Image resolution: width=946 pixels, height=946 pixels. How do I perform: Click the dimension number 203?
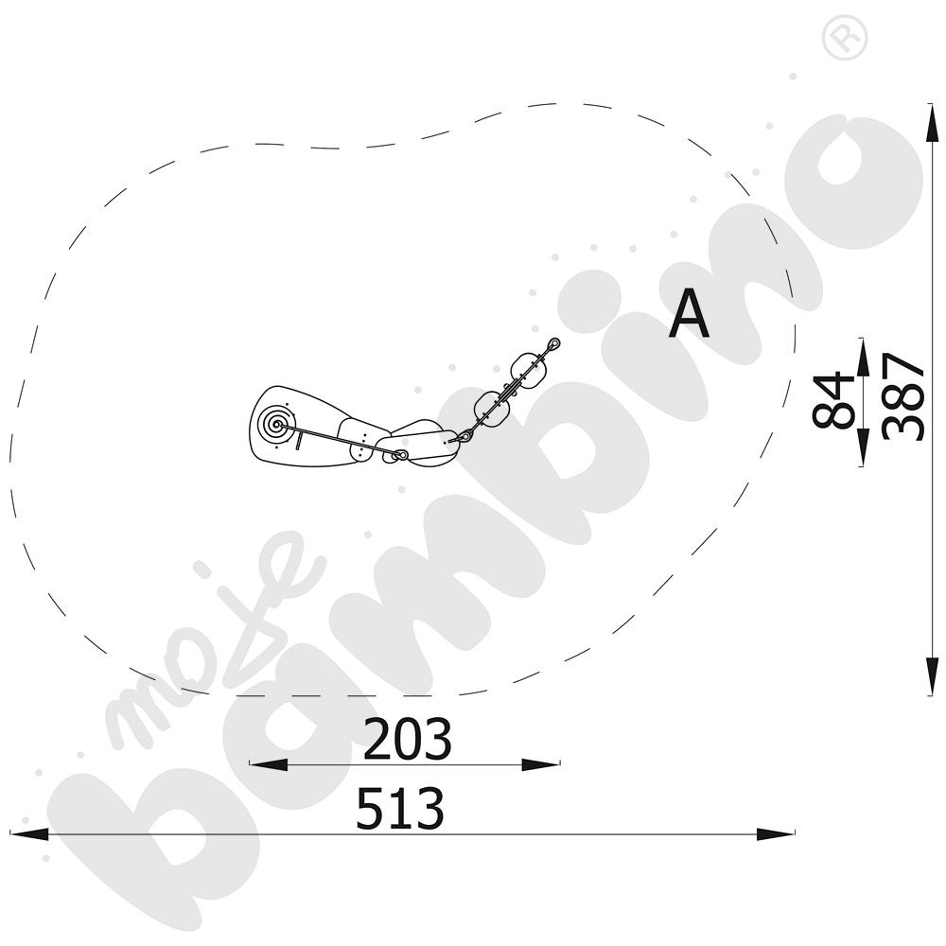[407, 739]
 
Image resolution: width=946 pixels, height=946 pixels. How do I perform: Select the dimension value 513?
[400, 808]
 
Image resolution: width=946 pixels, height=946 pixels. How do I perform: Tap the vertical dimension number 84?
[833, 400]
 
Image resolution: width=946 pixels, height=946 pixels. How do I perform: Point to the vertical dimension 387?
[902, 397]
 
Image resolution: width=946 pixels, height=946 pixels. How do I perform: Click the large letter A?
[689, 314]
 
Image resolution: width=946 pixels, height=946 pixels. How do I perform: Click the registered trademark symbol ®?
[845, 38]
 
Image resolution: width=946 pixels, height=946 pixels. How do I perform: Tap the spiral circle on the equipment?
[275, 424]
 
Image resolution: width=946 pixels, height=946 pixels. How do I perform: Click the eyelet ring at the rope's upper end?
[553, 344]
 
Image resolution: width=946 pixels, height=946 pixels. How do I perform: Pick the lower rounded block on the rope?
[492, 407]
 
